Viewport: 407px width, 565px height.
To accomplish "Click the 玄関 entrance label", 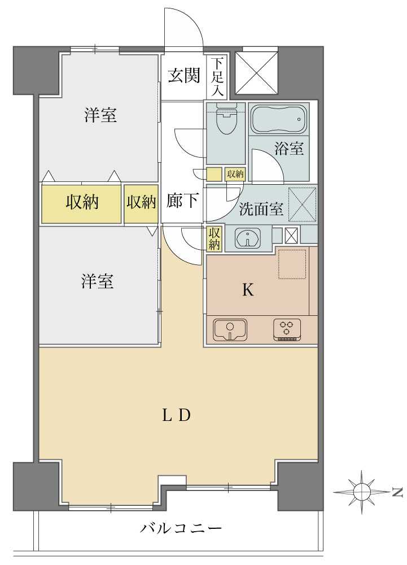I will (183, 76).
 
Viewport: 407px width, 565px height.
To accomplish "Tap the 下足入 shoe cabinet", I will (218, 76).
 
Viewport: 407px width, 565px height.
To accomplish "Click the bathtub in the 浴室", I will (278, 119).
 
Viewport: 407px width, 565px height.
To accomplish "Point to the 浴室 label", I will (289, 149).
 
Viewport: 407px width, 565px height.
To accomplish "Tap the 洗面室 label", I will (260, 209).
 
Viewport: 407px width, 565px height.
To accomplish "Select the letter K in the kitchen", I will (248, 290).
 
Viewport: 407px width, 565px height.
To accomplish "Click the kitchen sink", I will (230, 329).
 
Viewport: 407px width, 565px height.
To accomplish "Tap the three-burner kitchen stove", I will (288, 329).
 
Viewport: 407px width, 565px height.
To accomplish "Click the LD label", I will (176, 416).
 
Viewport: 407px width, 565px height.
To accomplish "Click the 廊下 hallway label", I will (182, 201).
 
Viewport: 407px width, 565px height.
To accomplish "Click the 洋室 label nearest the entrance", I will (100, 115).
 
